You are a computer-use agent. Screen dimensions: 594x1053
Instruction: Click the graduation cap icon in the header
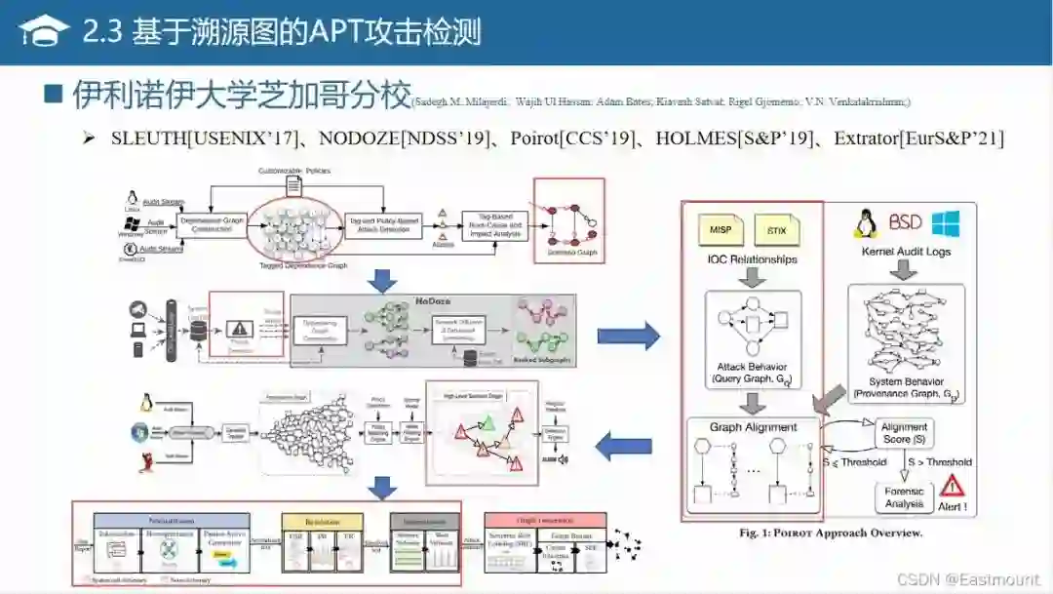coord(43,31)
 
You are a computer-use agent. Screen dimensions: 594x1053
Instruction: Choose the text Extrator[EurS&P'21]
coord(918,139)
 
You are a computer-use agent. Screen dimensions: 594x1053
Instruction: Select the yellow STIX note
coord(777,230)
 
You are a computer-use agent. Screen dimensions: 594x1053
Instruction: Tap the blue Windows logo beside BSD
coord(945,223)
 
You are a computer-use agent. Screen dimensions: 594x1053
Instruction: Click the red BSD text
coord(905,223)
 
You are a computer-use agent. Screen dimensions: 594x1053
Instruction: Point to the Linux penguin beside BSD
coord(865,223)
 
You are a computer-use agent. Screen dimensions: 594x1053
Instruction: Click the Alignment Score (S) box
coord(904,433)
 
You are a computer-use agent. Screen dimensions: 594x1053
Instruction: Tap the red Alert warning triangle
coord(951,485)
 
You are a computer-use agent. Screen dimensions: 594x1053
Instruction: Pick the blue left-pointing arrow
coord(624,448)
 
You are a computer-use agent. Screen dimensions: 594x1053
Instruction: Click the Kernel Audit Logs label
coord(906,252)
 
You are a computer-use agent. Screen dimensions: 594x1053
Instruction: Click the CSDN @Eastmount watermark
coord(976,578)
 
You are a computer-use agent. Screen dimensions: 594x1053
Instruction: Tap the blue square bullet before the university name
coord(55,95)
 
